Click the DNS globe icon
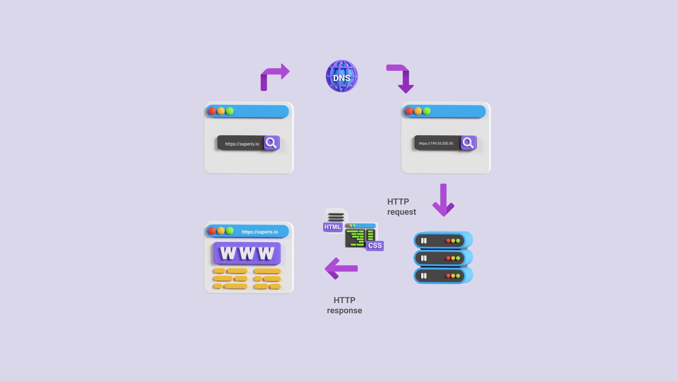point(342,76)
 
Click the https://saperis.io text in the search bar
point(242,144)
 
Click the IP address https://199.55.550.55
point(436,143)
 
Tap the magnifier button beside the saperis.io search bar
point(271,143)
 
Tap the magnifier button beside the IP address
point(468,143)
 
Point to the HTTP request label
point(401,206)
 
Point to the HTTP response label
point(344,305)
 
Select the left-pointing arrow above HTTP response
point(341,268)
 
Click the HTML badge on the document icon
point(332,227)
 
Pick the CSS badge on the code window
point(375,246)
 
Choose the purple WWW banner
point(247,253)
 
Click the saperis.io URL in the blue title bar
point(260,232)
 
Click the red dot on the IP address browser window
point(409,111)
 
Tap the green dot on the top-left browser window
point(230,111)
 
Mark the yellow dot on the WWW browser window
point(221,231)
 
